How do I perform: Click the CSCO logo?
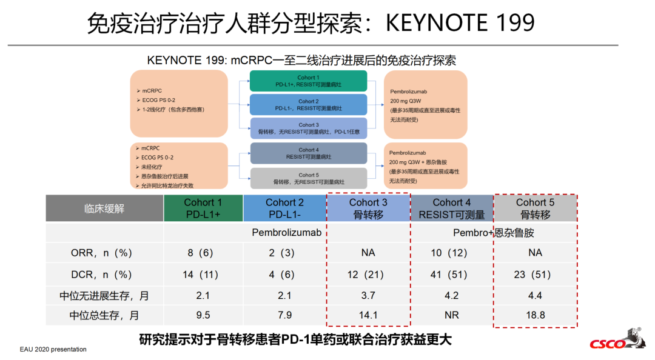(x=617, y=340)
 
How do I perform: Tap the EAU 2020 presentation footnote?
(x=53, y=349)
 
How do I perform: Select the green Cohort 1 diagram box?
(x=308, y=81)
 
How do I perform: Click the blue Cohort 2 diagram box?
(x=308, y=104)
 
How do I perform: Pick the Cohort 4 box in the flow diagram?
(x=309, y=153)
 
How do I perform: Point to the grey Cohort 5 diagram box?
(x=309, y=178)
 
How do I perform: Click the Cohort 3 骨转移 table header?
(x=368, y=208)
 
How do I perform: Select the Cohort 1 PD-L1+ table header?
(x=203, y=208)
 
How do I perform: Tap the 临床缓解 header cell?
(x=104, y=208)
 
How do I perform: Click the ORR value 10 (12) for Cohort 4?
(x=449, y=253)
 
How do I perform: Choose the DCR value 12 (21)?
(x=366, y=275)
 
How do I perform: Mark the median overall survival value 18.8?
(x=535, y=315)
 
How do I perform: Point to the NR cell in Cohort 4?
(x=452, y=315)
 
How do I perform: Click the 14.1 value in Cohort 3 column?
(x=368, y=315)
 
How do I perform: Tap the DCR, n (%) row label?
(x=101, y=275)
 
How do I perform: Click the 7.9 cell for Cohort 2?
(x=284, y=315)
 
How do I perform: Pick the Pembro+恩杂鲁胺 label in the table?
(x=493, y=233)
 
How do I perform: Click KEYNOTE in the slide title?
(x=437, y=22)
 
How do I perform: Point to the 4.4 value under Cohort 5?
(x=535, y=296)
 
